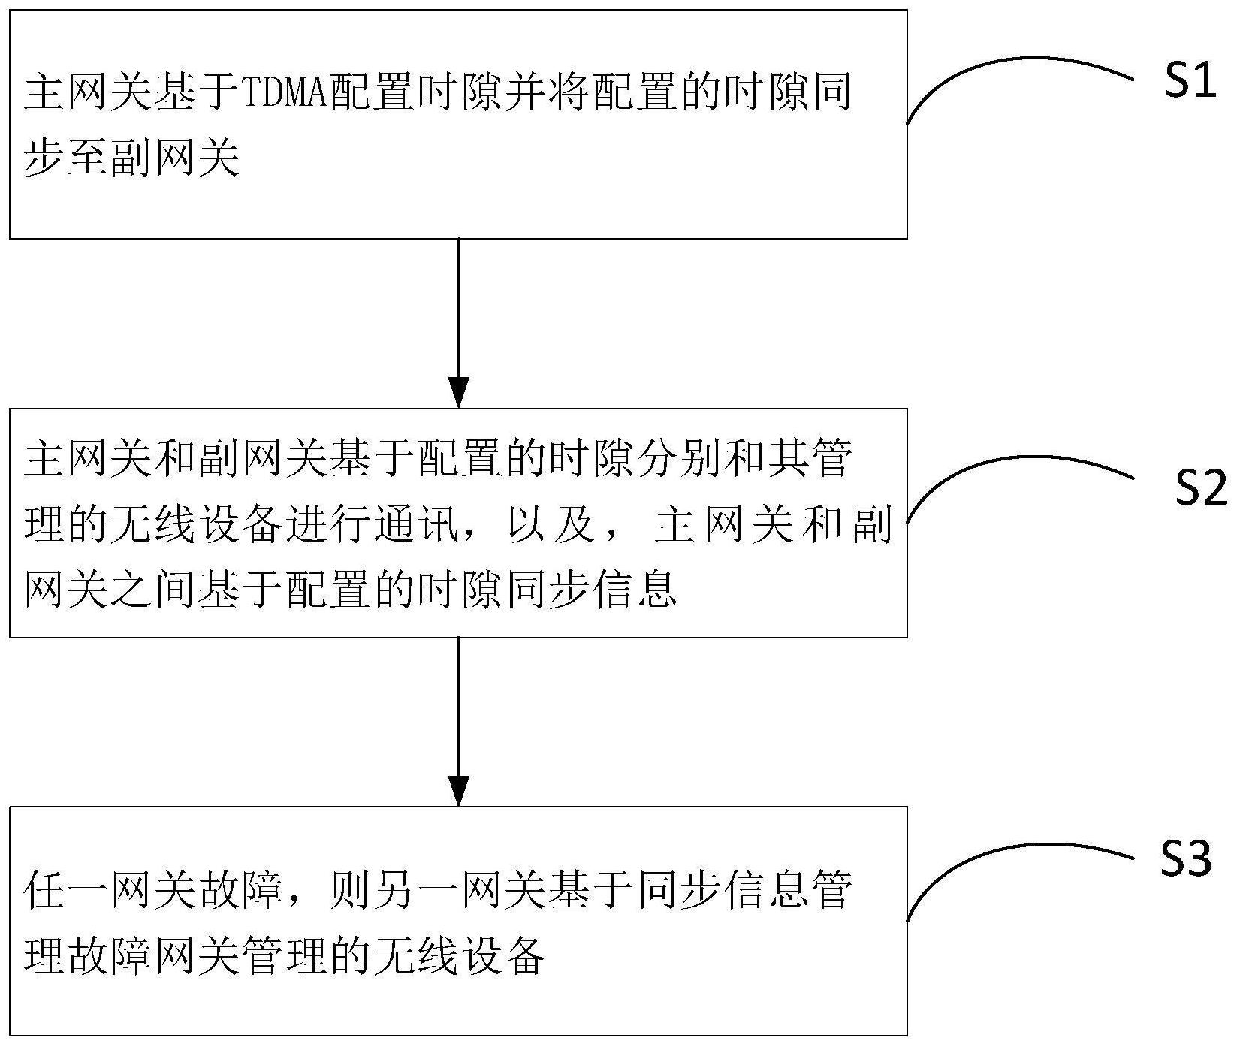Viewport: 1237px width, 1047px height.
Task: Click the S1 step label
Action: [1190, 80]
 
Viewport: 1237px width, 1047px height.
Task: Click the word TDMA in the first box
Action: [285, 93]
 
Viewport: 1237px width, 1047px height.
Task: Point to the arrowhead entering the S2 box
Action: [458, 391]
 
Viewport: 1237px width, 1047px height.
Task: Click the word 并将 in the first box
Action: [548, 93]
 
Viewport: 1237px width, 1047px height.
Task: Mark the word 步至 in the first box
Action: [66, 158]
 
